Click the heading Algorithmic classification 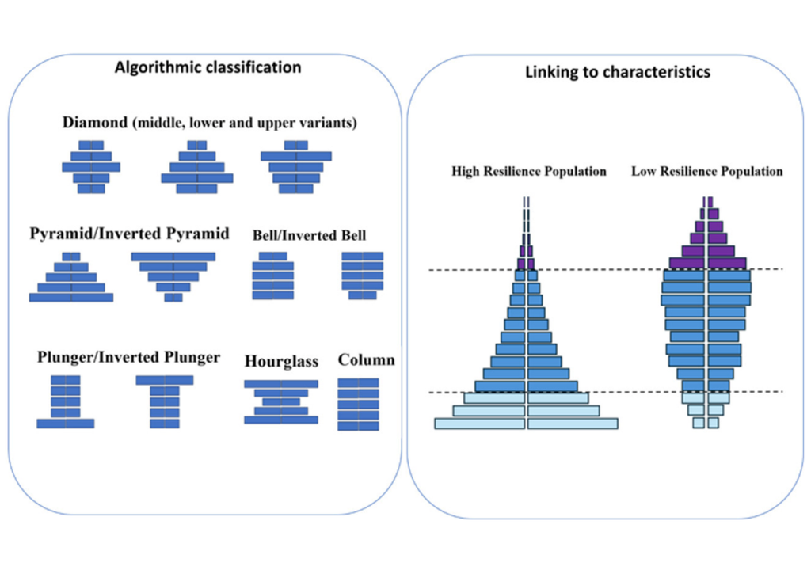pos(208,67)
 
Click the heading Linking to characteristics pos(618,72)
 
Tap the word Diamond pos(95,123)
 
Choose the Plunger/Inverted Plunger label pos(128,357)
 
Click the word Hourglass pos(281,361)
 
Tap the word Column pos(366,359)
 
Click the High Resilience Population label pos(529,171)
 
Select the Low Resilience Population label pos(706,171)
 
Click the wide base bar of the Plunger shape pos(66,424)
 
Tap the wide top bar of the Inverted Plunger pos(165,380)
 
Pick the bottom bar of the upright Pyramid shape pos(71,298)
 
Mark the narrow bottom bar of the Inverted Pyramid pos(173,298)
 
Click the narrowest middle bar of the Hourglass pos(281,402)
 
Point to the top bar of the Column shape pos(358,382)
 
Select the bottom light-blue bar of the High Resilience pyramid pos(526,424)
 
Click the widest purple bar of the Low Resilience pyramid pos(707,263)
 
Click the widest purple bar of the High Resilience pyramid pos(526,263)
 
